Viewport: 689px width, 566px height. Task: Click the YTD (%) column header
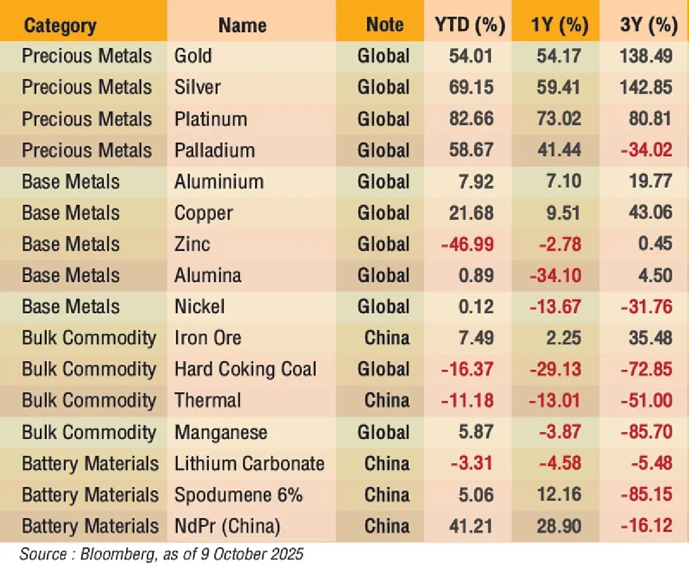469,25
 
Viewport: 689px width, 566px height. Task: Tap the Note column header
385,25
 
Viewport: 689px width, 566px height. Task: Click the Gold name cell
193,56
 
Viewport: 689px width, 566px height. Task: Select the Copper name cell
204,213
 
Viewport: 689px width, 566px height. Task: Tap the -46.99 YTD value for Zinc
467,244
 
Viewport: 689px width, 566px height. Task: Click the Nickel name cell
199,307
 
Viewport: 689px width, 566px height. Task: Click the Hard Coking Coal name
245,369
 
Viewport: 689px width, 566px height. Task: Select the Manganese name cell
220,432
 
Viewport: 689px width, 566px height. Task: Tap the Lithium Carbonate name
249,463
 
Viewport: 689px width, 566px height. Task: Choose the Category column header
60,25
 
